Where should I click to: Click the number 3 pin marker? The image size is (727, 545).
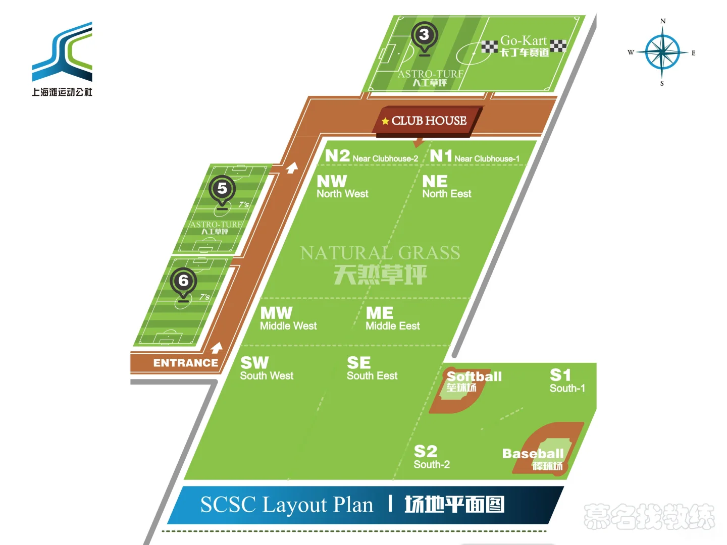coord(424,38)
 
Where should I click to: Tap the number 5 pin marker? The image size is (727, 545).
coord(222,192)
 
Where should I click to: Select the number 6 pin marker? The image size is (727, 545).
coord(183,285)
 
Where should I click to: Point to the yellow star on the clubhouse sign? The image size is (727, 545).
coord(385,121)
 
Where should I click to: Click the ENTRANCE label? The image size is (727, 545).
coord(185,363)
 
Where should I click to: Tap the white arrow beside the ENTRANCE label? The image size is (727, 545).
coord(216,348)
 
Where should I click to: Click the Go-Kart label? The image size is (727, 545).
coord(524,41)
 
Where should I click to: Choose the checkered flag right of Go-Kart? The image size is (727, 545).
coord(558,45)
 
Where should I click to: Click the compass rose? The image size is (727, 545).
coord(662,52)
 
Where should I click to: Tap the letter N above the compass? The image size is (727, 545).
coord(663,21)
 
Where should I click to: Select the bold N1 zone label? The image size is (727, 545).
coord(441,155)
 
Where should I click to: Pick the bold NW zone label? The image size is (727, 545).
coord(332,181)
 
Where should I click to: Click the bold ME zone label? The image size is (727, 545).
coord(380,313)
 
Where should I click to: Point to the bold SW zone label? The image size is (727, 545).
coord(254,363)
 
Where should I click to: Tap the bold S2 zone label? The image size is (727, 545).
coord(426,451)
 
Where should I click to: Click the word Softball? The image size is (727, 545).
coord(474,376)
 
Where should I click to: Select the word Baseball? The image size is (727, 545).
coord(533,454)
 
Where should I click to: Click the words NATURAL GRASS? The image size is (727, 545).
coord(380,253)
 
